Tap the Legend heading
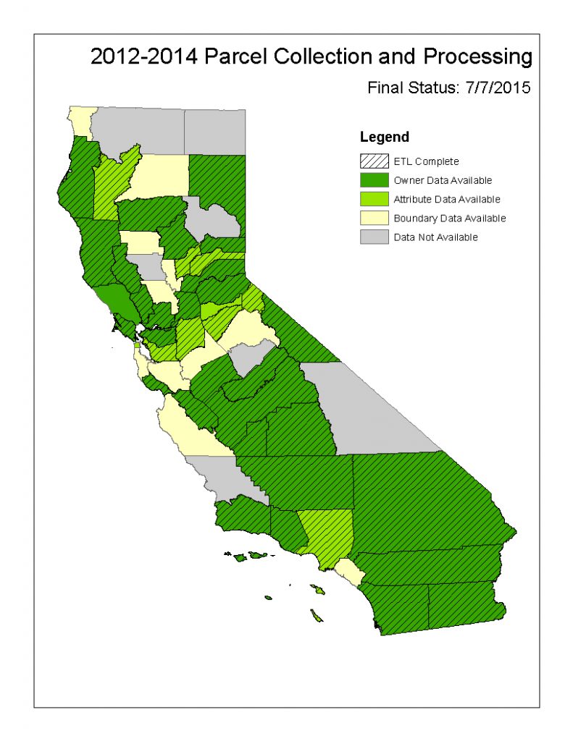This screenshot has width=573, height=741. (384, 137)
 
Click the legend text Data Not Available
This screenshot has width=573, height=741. (435, 237)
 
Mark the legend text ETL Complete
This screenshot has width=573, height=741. (426, 161)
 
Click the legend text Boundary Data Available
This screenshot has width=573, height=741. (449, 218)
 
